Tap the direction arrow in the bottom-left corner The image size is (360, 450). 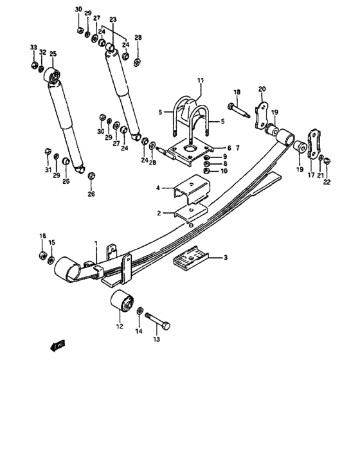[x=57, y=346]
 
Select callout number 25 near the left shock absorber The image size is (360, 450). [x=53, y=54]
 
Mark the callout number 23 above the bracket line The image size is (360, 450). [x=113, y=20]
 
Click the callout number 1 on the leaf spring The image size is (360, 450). [x=95, y=244]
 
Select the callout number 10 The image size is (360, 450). [x=224, y=171]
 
